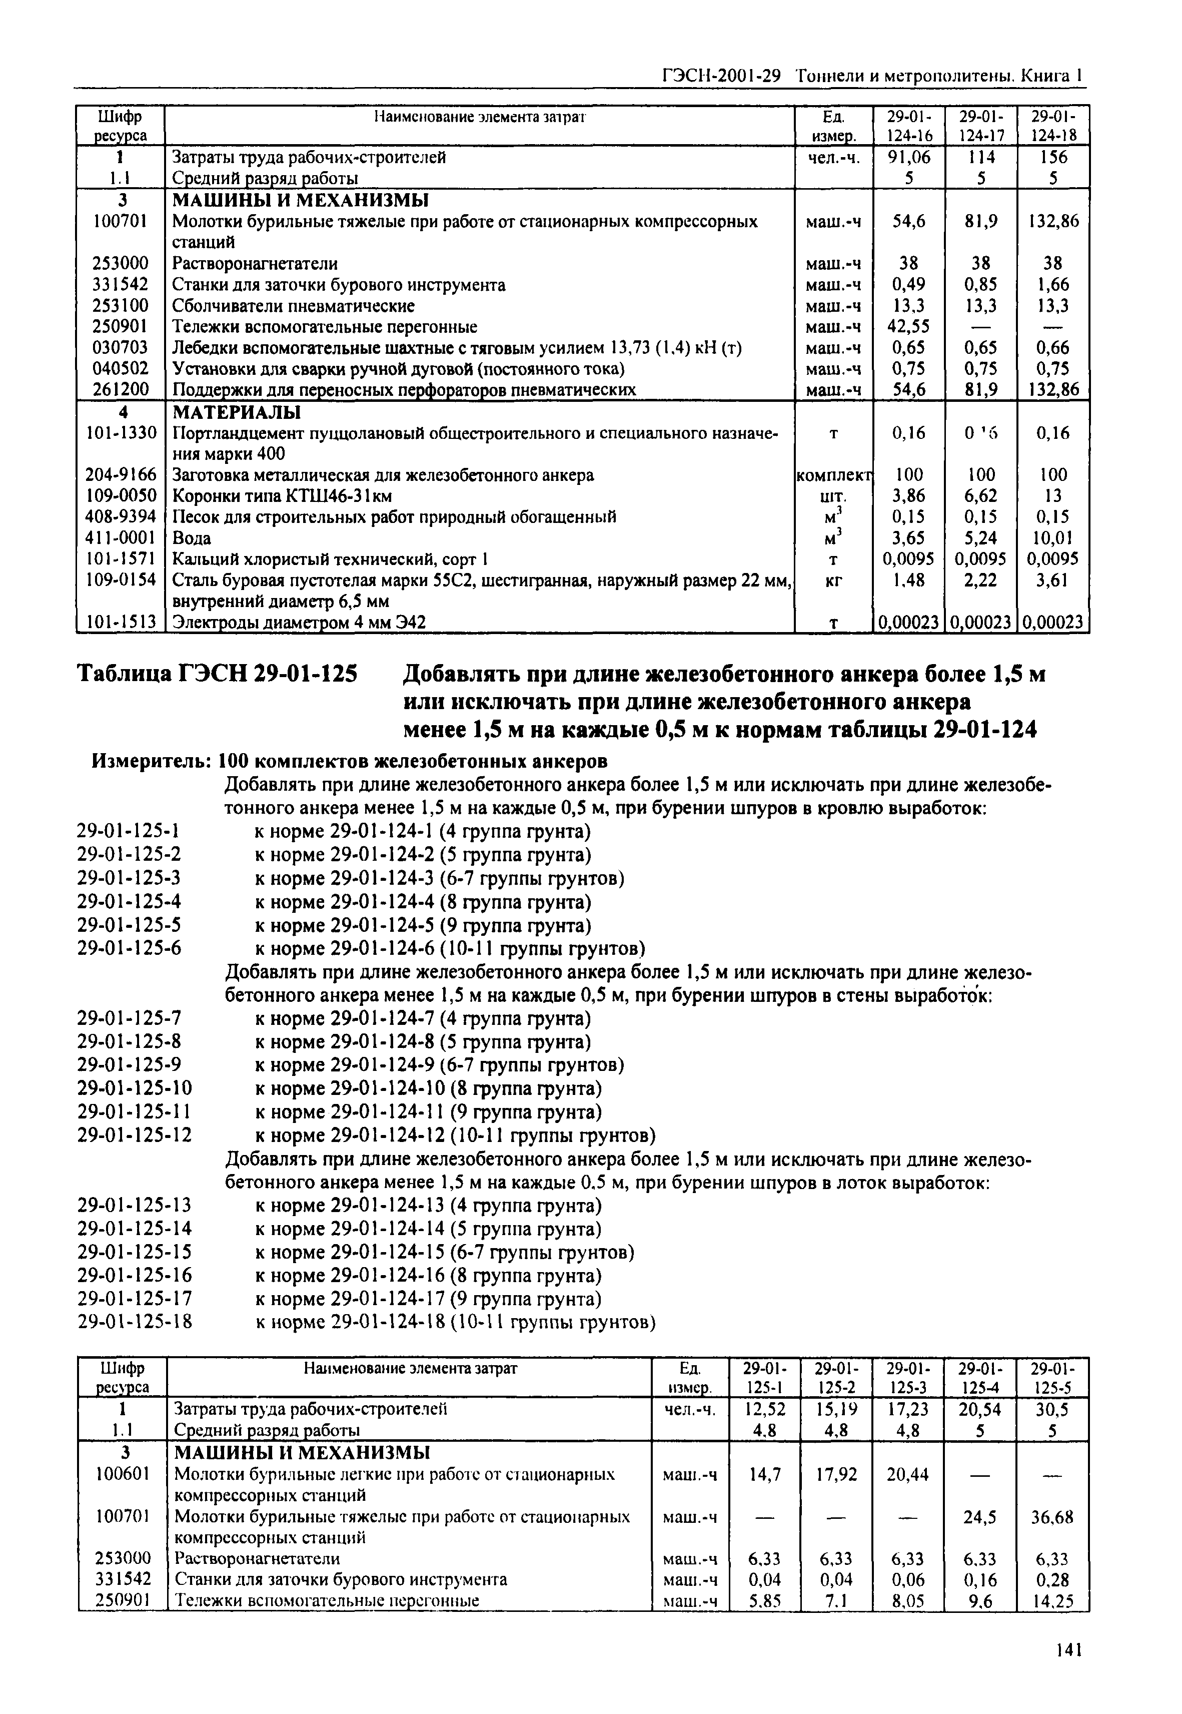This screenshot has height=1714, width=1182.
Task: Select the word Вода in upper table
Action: coord(191,538)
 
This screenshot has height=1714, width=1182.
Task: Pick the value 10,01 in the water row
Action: coord(1053,538)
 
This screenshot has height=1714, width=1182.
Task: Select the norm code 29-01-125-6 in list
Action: coord(130,948)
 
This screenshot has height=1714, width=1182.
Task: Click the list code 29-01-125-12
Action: coord(135,1135)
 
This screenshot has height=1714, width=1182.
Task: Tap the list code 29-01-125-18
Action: coord(135,1322)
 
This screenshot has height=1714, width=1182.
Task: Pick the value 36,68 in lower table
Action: coord(1052,1518)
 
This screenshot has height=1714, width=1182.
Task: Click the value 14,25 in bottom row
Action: coord(1052,1601)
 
